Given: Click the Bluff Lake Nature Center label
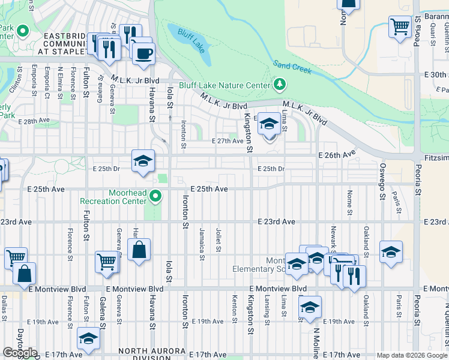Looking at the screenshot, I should coord(224,85).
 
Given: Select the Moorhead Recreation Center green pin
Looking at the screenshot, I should coord(155,196).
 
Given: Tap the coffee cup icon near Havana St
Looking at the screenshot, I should coord(143,53).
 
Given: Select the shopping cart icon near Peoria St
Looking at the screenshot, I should coord(400,26).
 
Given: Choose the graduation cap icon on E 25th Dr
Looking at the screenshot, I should coord(143,161).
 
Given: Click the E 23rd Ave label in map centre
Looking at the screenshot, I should coord(276,222).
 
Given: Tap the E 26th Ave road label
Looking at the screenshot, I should coord(337,154).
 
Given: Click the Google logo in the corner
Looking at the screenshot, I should coord(19,353).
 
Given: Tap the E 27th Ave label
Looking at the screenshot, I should coord(228,141).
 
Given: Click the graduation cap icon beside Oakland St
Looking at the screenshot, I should coord(391,252).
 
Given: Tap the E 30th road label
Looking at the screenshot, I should coord(435,74).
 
